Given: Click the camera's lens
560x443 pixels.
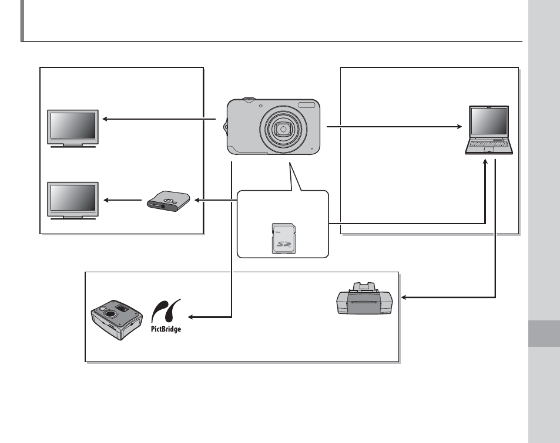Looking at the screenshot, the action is point(283,129).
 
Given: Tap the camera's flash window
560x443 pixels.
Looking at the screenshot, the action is point(307,105).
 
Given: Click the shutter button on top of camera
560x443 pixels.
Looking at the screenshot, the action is point(249,99).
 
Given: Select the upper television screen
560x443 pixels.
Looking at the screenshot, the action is point(73,126).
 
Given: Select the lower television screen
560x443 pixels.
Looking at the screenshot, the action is point(73,198).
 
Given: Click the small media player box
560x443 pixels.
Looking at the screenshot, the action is point(168,201).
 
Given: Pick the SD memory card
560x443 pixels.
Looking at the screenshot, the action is point(284,238).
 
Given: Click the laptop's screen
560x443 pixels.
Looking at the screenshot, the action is point(489,121).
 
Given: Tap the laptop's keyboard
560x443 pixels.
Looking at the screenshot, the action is point(489,144).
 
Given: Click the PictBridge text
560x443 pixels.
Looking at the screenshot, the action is point(166,329).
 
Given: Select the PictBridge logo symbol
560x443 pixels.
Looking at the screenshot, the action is point(166,311).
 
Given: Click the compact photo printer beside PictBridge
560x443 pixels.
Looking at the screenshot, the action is point(117,320).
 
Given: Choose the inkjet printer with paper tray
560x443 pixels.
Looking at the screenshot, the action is point(364,299).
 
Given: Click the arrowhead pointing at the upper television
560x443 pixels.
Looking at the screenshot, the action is point(105,119).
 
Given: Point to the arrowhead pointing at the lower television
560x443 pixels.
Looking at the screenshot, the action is point(106,200).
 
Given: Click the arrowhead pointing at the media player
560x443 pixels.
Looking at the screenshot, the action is point(197,200).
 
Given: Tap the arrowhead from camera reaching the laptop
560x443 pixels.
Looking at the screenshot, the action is point(460,126).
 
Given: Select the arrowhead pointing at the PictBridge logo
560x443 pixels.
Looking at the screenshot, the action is point(191,317).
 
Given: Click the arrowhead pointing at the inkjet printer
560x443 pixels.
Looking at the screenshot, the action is point(404,297).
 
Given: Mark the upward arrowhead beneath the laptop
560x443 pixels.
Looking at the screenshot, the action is point(485,162).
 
